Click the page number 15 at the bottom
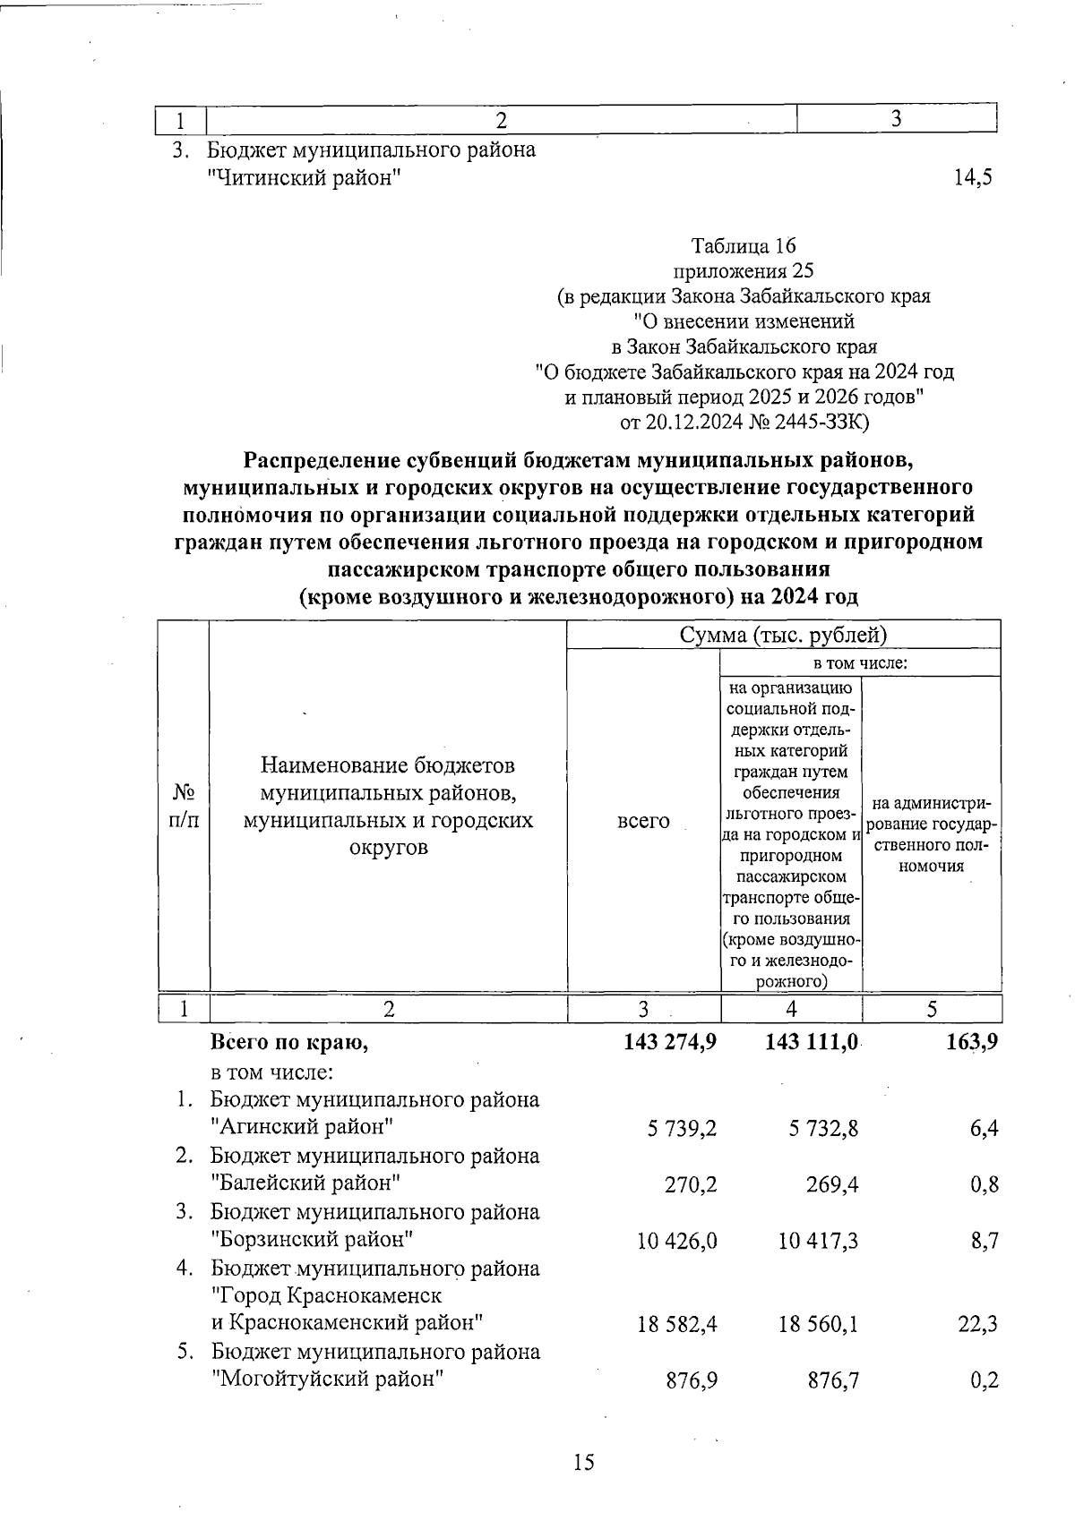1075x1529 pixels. point(583,1462)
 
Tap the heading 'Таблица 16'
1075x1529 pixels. point(744,245)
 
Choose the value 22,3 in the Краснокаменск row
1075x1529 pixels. point(978,1324)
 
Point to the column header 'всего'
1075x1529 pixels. point(643,820)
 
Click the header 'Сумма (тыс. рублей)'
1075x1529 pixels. point(783,635)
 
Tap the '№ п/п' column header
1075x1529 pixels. point(184,806)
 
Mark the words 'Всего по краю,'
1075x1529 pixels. point(288,1042)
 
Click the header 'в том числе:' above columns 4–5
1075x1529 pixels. point(860,662)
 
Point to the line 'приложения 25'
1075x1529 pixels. point(744,270)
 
